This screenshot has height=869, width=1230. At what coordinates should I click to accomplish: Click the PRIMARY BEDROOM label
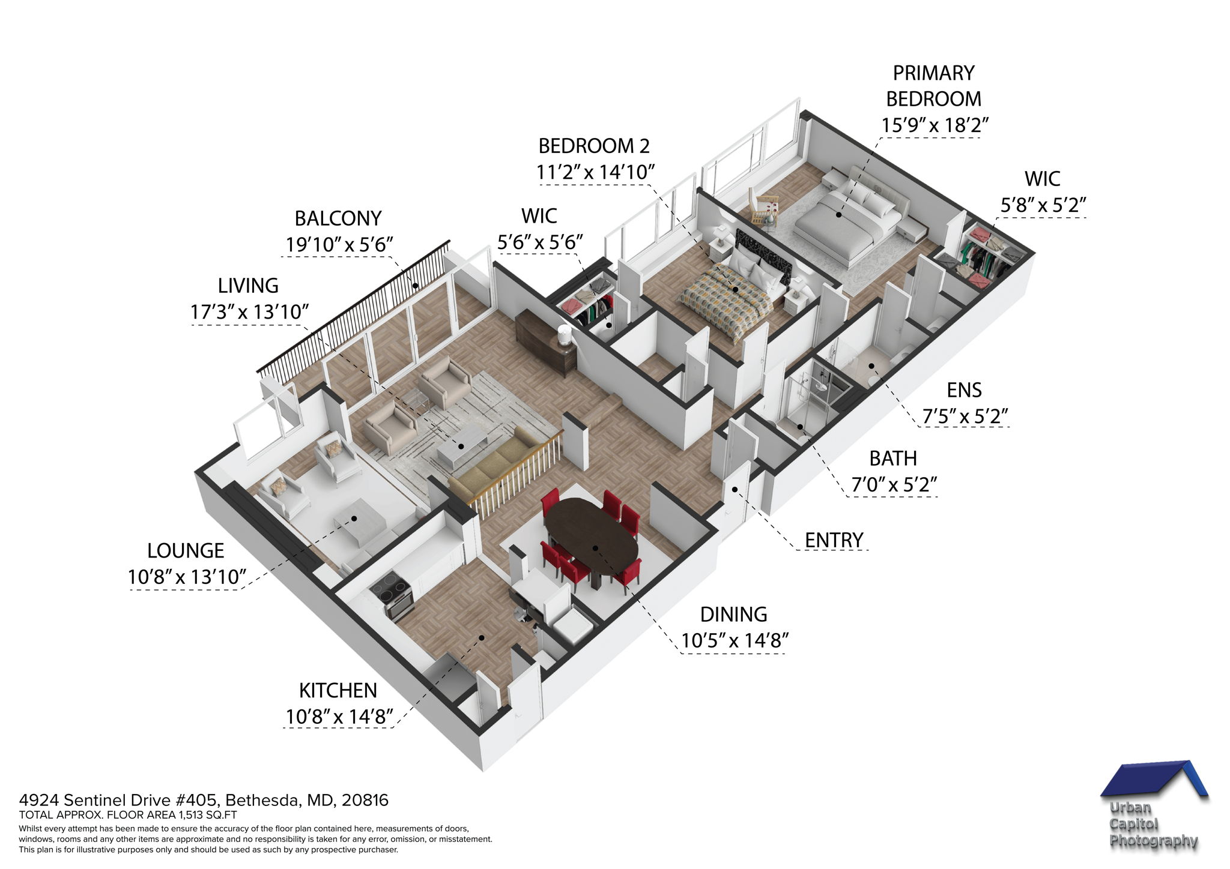point(933,86)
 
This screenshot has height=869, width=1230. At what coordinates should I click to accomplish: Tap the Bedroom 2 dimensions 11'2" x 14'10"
point(595,173)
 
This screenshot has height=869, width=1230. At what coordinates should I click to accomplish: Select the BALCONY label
point(338,218)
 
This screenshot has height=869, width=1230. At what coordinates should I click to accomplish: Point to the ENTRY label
point(834,540)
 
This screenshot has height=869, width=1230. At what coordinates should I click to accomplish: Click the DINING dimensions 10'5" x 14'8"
point(735,641)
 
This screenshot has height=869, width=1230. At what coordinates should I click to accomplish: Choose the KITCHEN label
point(338,690)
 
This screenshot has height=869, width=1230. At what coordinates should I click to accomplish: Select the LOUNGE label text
point(186,550)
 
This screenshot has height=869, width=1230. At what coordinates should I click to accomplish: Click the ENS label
point(964,390)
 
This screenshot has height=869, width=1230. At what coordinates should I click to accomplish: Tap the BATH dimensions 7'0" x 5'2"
point(894,484)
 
